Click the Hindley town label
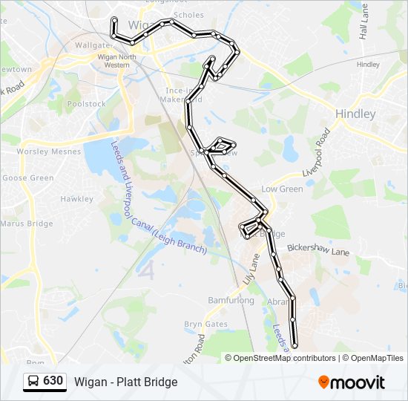click(355, 114)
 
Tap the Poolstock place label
click(87, 104)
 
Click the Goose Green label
click(28, 178)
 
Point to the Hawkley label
click(77, 199)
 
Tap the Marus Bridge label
click(27, 223)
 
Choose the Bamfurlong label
click(231, 301)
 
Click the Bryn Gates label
click(206, 325)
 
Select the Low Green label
click(282, 189)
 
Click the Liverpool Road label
click(316, 152)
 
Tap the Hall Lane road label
click(363, 30)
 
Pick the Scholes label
click(188, 15)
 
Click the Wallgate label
click(92, 45)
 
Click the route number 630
click(53, 381)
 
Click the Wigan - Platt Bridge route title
click(125, 382)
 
